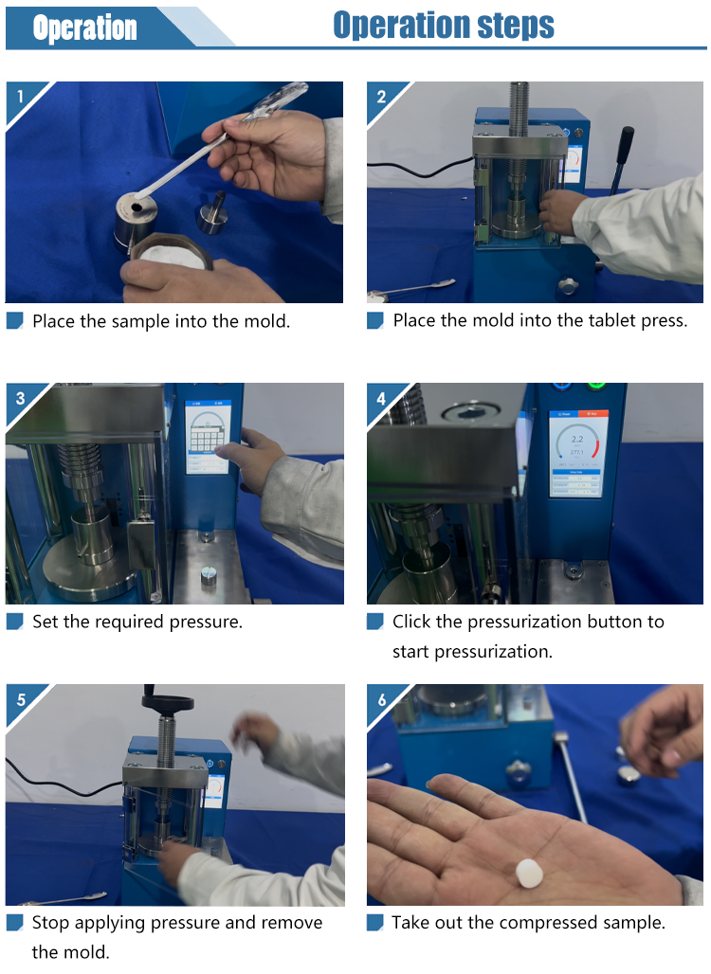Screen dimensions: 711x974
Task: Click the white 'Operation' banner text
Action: click(x=85, y=28)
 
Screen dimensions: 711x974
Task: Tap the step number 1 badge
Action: click(x=21, y=97)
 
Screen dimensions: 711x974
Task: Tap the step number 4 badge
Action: click(x=381, y=398)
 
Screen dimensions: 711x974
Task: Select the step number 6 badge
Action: click(x=382, y=699)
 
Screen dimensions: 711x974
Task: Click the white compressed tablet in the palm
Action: click(x=530, y=872)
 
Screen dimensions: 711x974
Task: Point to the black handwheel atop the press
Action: click(x=167, y=701)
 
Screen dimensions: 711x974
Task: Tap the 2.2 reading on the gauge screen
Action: click(x=577, y=439)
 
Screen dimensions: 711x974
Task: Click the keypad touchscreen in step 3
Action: click(x=209, y=437)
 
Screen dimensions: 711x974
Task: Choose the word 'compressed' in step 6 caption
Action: click(x=539, y=923)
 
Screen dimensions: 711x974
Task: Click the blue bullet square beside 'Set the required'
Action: click(x=15, y=622)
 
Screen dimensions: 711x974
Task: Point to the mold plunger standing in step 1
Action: click(x=212, y=213)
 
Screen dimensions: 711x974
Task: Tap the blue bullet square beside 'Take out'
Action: click(x=375, y=923)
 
